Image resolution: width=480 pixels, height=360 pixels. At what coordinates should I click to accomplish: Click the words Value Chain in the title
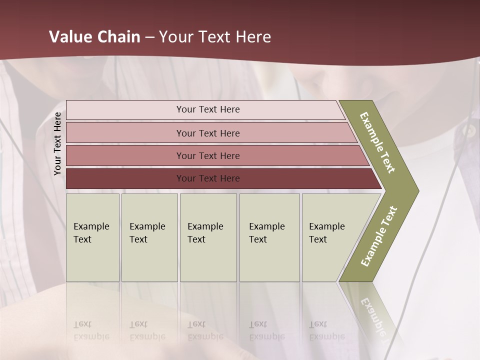point(94,37)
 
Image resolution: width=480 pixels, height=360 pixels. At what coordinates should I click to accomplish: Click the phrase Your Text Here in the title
point(215,37)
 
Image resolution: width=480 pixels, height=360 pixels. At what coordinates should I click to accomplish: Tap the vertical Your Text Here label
point(57,144)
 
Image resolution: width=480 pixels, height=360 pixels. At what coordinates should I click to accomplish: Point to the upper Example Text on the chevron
point(377,143)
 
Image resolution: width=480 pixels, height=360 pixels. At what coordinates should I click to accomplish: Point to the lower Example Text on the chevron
point(378,236)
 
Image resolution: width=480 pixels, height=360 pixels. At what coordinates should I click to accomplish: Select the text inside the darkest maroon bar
point(208,178)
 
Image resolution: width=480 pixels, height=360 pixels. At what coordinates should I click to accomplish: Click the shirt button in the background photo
point(469,131)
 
